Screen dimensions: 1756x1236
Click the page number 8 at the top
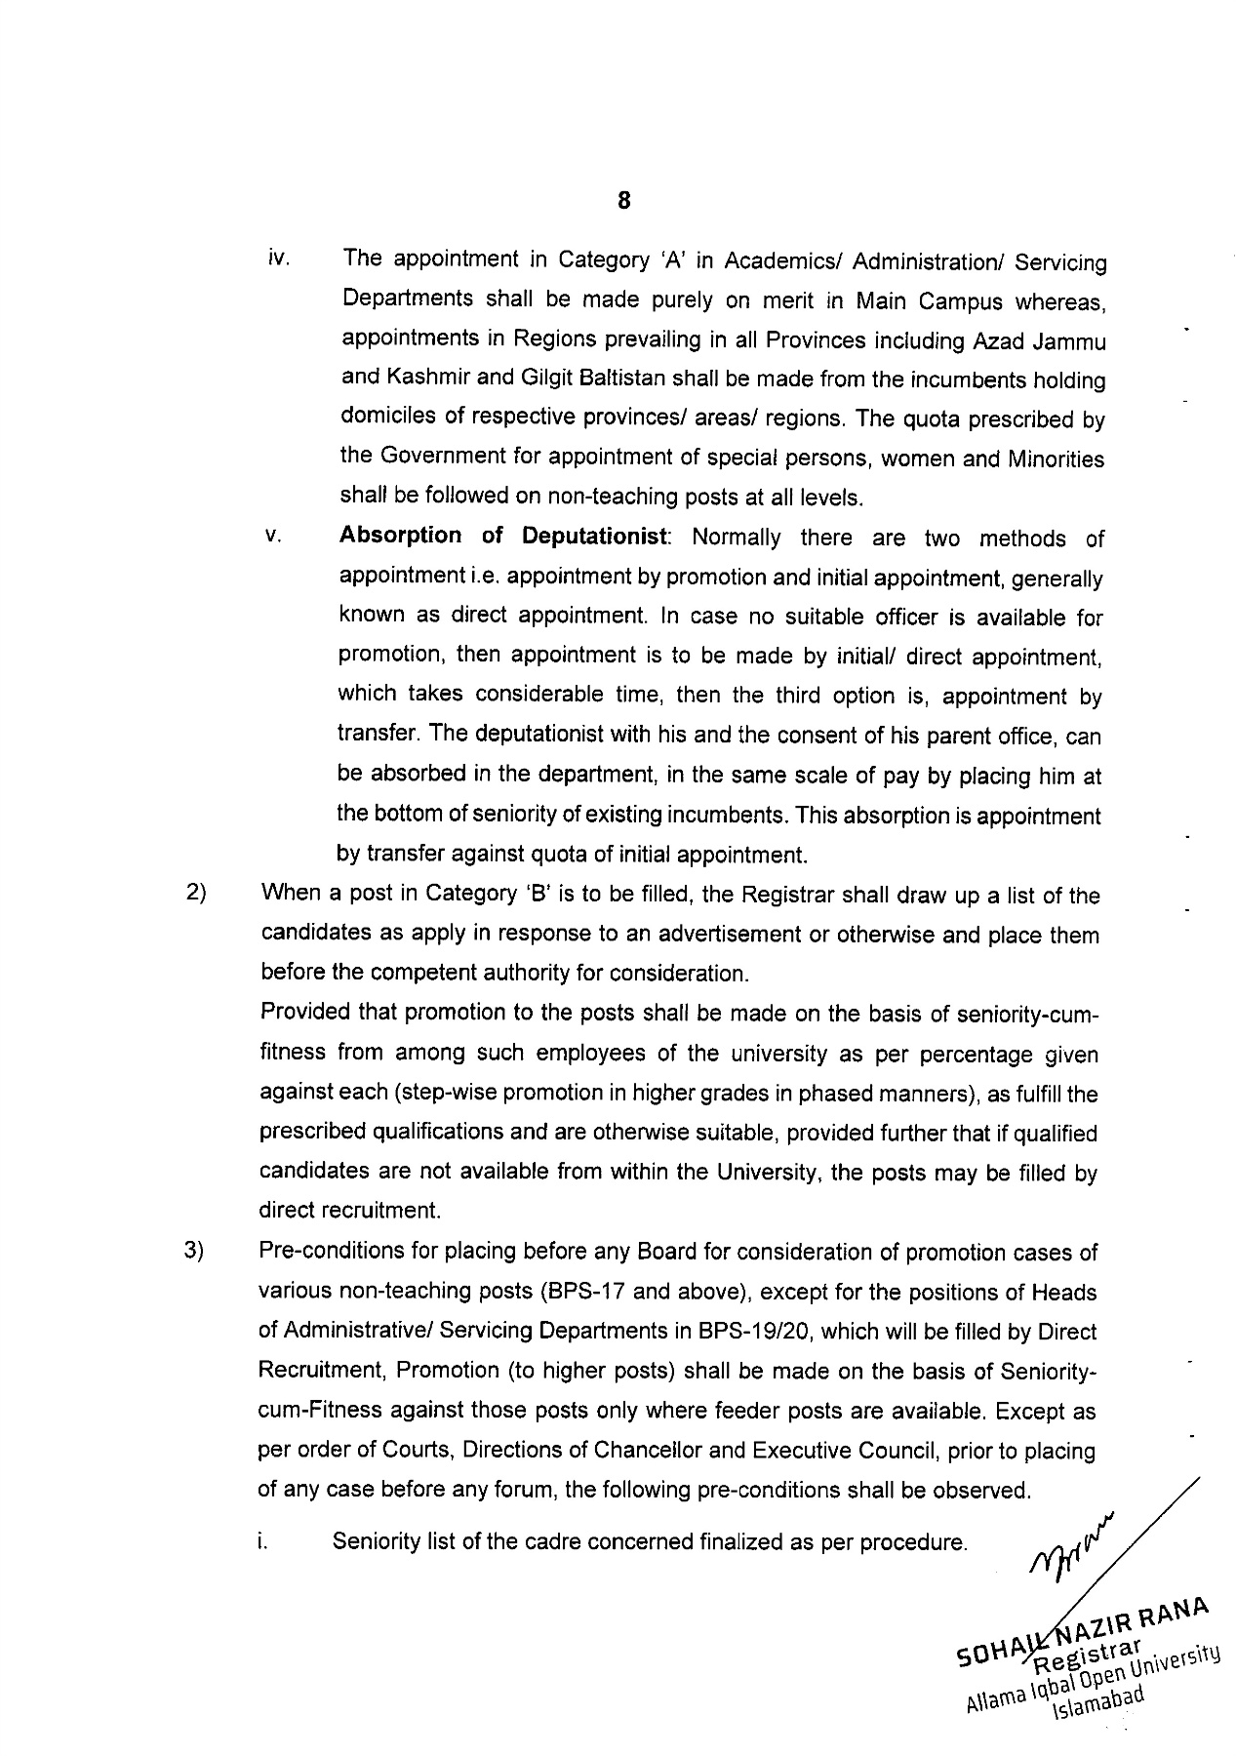point(623,201)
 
